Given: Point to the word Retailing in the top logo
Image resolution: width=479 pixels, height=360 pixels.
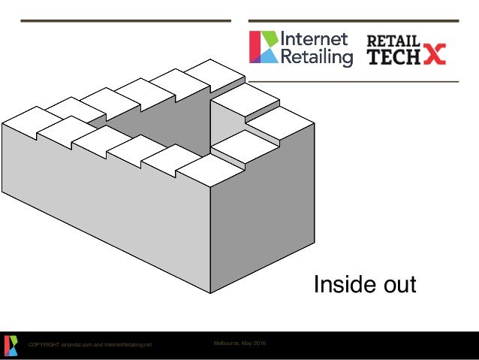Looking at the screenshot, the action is tap(316, 56).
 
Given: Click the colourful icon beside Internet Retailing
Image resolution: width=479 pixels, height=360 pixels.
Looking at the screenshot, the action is tap(263, 47).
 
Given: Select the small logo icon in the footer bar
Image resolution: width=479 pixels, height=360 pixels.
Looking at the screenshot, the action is tap(11, 345).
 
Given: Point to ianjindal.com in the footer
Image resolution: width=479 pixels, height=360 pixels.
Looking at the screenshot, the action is tap(77, 345).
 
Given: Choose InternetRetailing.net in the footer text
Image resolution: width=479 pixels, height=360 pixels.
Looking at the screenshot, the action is tap(128, 345).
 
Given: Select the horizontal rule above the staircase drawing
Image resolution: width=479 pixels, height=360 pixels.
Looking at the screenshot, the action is tap(125, 20).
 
